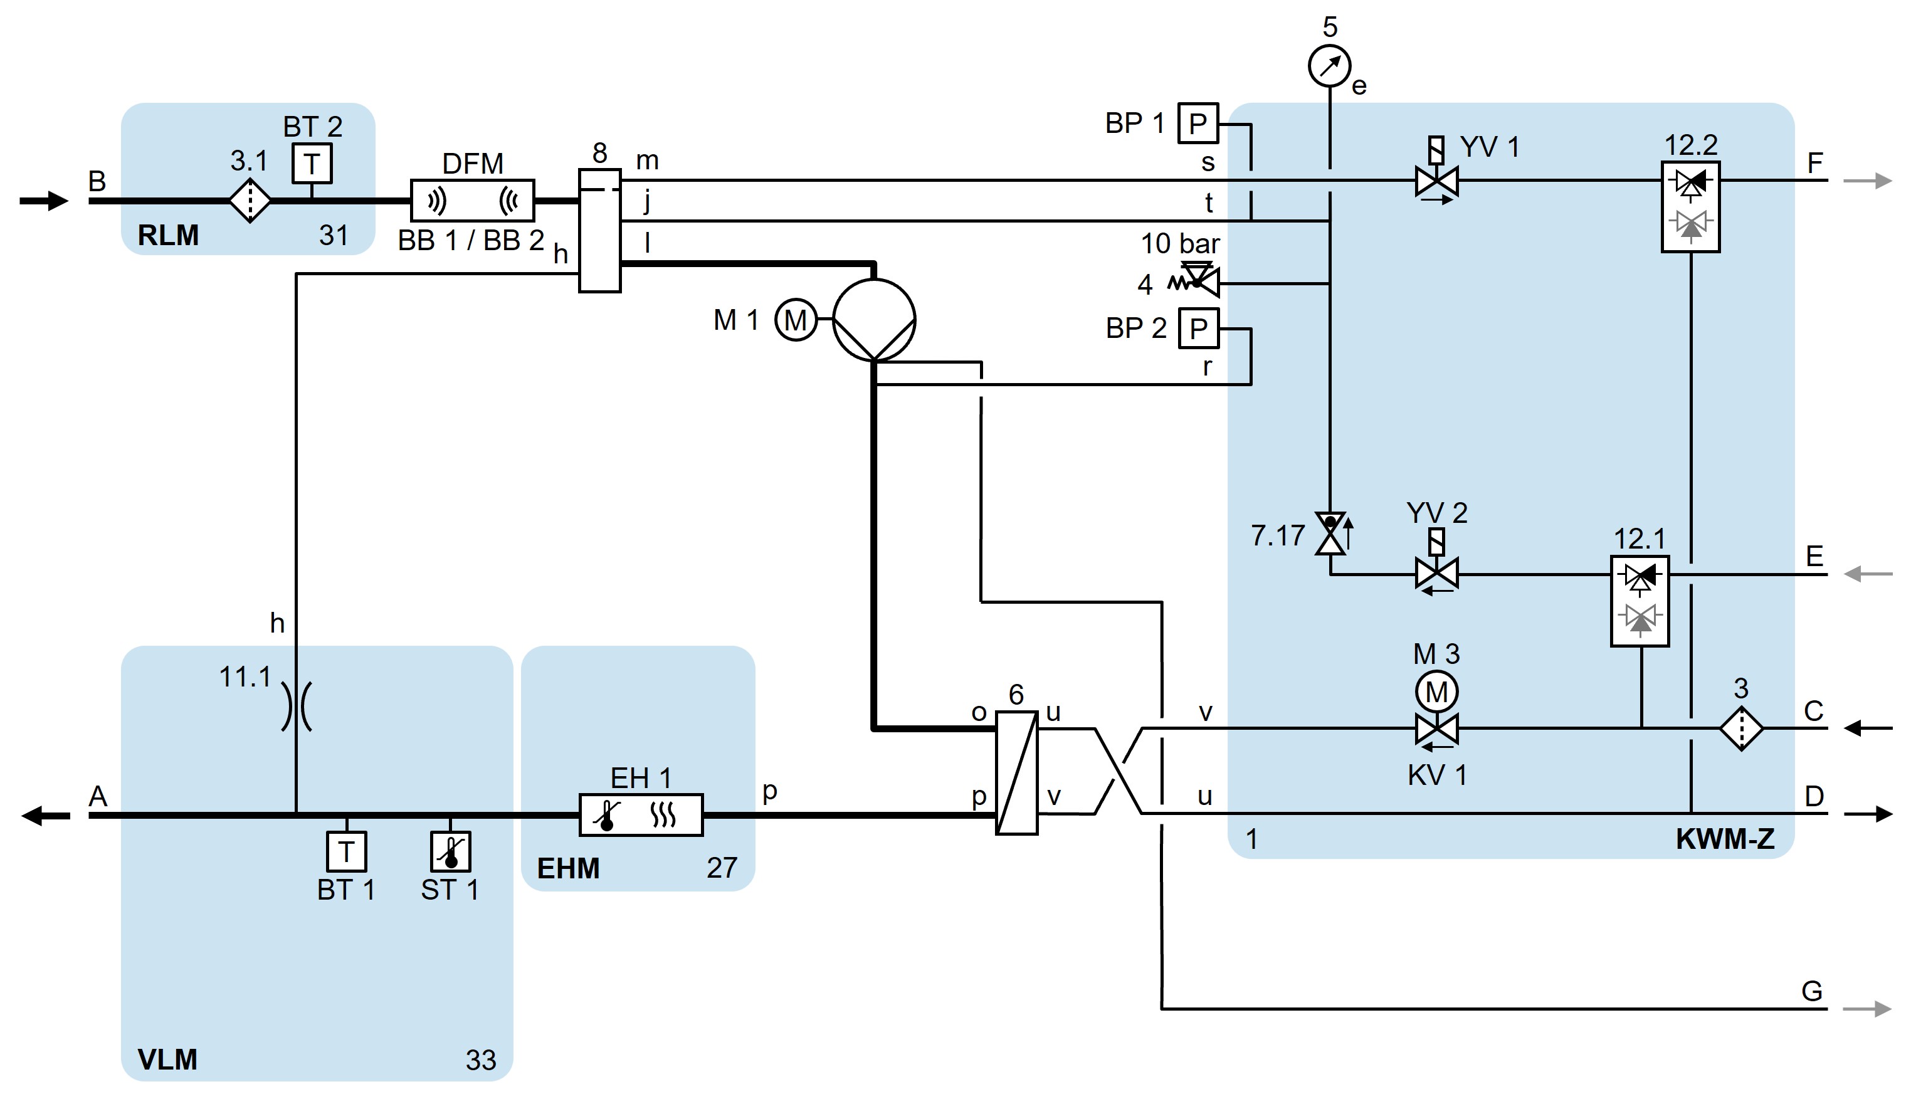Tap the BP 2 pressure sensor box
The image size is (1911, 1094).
1198,328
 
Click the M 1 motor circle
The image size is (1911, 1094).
796,320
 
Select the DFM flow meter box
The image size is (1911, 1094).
473,201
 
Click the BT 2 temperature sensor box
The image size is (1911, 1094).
312,163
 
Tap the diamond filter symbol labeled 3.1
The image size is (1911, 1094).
250,201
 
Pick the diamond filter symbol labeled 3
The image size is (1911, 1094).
1740,727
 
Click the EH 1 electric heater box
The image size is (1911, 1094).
641,814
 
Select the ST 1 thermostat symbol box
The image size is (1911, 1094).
450,851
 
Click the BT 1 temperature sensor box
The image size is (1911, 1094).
346,851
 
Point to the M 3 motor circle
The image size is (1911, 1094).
1436,692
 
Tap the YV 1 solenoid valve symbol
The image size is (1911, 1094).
1436,181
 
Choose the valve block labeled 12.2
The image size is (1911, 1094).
1690,207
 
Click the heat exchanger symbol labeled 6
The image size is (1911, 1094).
1016,772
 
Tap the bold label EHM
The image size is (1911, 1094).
568,868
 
